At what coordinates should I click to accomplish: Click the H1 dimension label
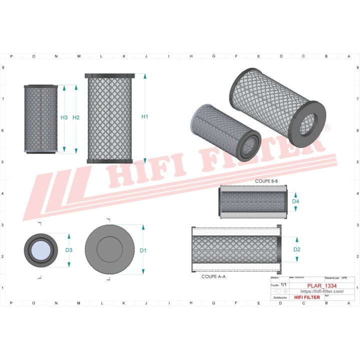(x=144, y=117)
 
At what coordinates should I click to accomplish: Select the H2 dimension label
(x=76, y=117)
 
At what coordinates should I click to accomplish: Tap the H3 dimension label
(x=64, y=117)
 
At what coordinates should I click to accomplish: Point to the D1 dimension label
(x=143, y=250)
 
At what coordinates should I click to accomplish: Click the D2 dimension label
(x=296, y=249)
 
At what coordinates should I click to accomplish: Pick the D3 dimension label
(x=69, y=250)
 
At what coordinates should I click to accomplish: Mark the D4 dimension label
(x=295, y=201)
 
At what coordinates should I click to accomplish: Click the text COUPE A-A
(x=213, y=276)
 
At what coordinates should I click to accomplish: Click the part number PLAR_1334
(x=314, y=285)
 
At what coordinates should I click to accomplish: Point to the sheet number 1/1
(x=283, y=284)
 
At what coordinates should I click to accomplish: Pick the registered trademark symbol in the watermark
(x=327, y=128)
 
